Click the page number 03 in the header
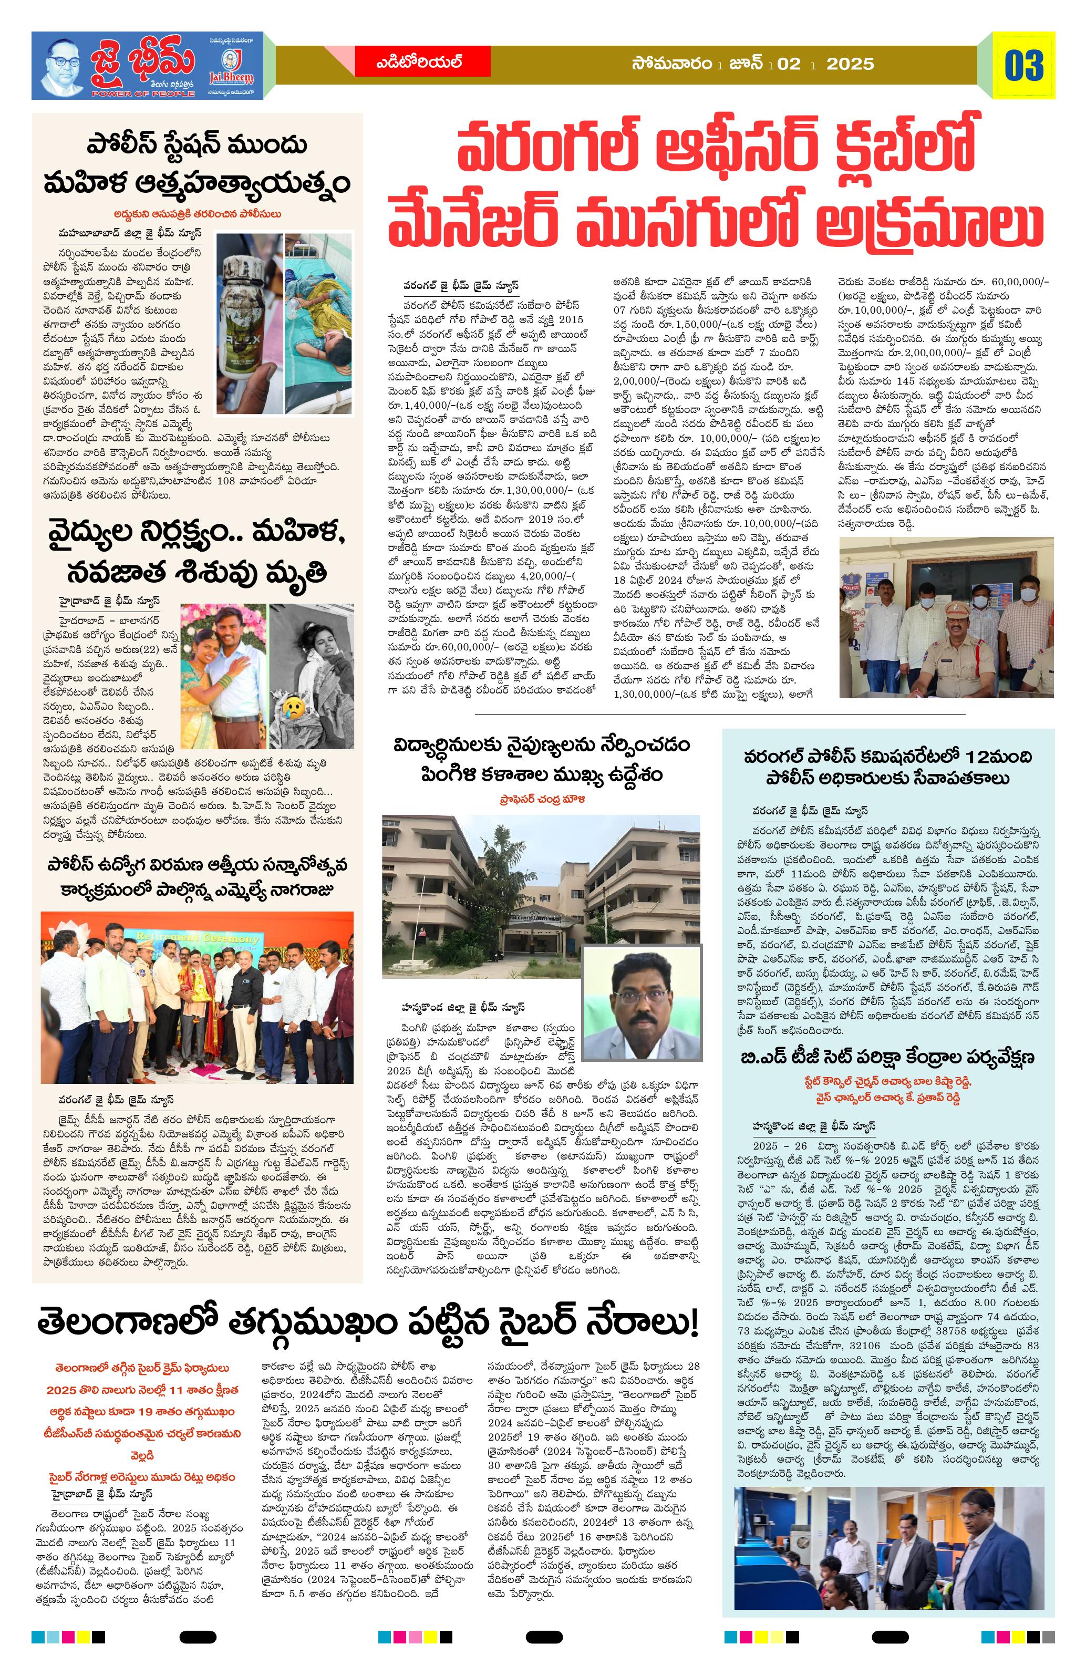[x=1024, y=65]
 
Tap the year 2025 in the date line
[x=850, y=64]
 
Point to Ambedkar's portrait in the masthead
[x=63, y=66]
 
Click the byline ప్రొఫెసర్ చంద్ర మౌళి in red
[x=540, y=799]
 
